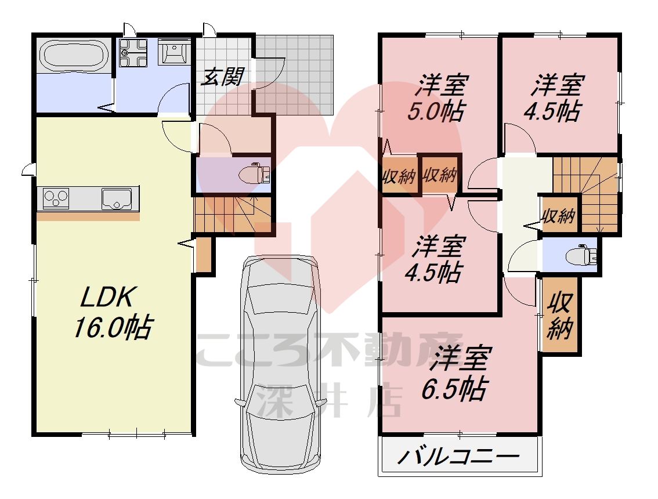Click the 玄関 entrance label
tap(222, 77)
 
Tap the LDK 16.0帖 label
tap(110, 313)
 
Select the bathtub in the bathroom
tap(73, 56)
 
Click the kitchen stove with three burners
tap(55, 198)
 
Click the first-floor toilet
tap(256, 173)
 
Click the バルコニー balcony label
tap(459, 457)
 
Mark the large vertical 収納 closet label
tap(561, 316)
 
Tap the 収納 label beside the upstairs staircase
tap(558, 216)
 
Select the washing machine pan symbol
tap(133, 53)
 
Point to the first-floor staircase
tap(232, 215)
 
